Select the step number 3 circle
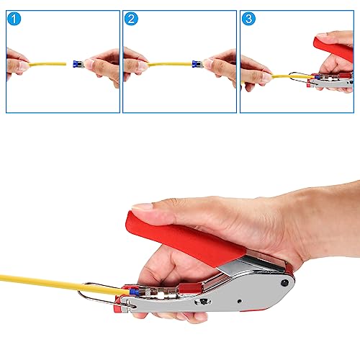pos(249,19)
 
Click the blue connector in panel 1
pos(71,64)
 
